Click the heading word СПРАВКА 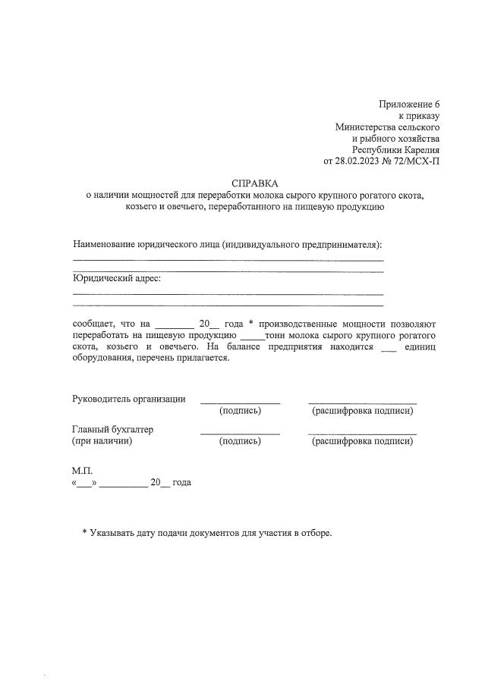pyautogui.click(x=255, y=183)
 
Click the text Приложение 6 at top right pyautogui.click(x=409, y=104)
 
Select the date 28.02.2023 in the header pyautogui.click(x=360, y=161)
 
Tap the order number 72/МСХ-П pyautogui.click(x=416, y=161)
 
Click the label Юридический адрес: pyautogui.click(x=116, y=278)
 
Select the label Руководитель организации pyautogui.click(x=128, y=399)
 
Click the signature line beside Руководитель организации pyautogui.click(x=240, y=402)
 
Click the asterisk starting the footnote pyautogui.click(x=85, y=533)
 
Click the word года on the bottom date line pyautogui.click(x=182, y=482)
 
